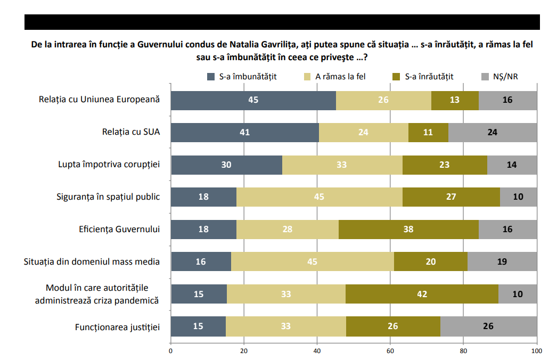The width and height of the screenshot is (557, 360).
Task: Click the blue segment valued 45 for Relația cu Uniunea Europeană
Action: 253,100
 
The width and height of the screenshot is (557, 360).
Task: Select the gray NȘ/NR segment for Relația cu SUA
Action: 493,133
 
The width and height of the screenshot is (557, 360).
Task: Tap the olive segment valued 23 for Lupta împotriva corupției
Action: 445,165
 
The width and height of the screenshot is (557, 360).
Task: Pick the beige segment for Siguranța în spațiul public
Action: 320,197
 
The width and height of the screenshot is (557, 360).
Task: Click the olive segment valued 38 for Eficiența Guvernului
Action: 408,229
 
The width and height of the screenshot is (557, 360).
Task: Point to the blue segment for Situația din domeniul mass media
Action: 201,261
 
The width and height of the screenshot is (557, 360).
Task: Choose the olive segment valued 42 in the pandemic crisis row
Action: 422,294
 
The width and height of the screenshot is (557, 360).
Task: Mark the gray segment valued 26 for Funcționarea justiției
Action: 488,326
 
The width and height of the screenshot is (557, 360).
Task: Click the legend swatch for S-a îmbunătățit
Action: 211,77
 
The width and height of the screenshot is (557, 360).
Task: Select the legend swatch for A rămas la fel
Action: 307,77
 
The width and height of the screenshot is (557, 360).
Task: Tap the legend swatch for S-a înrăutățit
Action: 396,77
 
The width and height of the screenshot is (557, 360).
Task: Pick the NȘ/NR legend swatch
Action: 485,77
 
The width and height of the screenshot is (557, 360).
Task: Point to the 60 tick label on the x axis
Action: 390,351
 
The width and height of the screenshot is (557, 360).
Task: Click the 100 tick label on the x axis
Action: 536,351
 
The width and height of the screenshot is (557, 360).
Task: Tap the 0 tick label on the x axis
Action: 171,351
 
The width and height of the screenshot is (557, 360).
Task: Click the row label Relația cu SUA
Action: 131,132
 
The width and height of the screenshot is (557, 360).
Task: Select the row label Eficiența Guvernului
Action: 119,229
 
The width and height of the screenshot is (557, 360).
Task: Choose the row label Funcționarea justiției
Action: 118,327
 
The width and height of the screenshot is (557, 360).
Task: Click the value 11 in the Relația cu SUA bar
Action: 428,133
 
